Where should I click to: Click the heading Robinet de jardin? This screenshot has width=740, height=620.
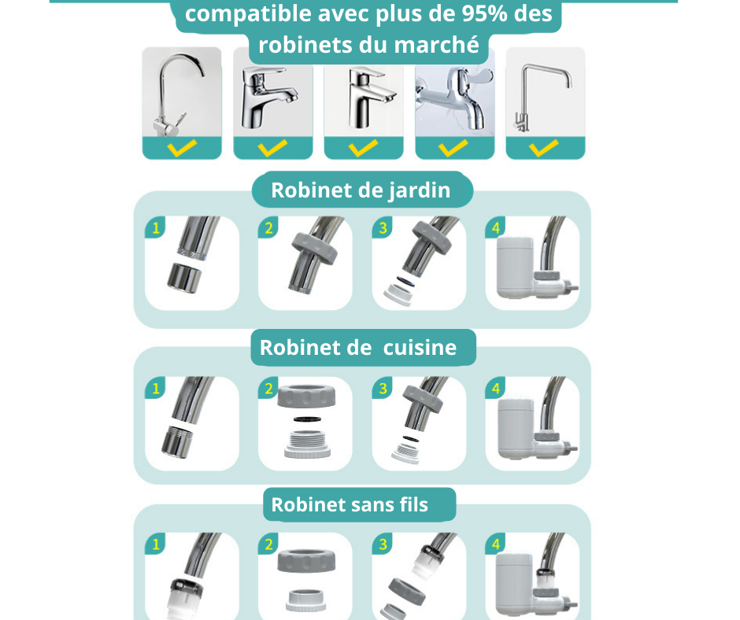(x=361, y=190)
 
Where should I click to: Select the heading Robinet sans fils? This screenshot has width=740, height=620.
(x=350, y=504)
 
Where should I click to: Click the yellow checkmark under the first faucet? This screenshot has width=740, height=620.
(x=182, y=147)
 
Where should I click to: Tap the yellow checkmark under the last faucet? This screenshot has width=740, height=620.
(x=545, y=147)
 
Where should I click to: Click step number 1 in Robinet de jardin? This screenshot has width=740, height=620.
(x=156, y=228)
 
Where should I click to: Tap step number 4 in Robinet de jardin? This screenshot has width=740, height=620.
(x=496, y=228)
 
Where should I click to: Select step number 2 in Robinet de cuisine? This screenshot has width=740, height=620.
(x=269, y=388)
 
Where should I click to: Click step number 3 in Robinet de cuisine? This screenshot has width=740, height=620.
(x=383, y=388)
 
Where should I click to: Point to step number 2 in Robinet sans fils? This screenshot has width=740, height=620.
(x=269, y=544)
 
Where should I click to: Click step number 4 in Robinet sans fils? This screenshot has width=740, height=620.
(x=496, y=544)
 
